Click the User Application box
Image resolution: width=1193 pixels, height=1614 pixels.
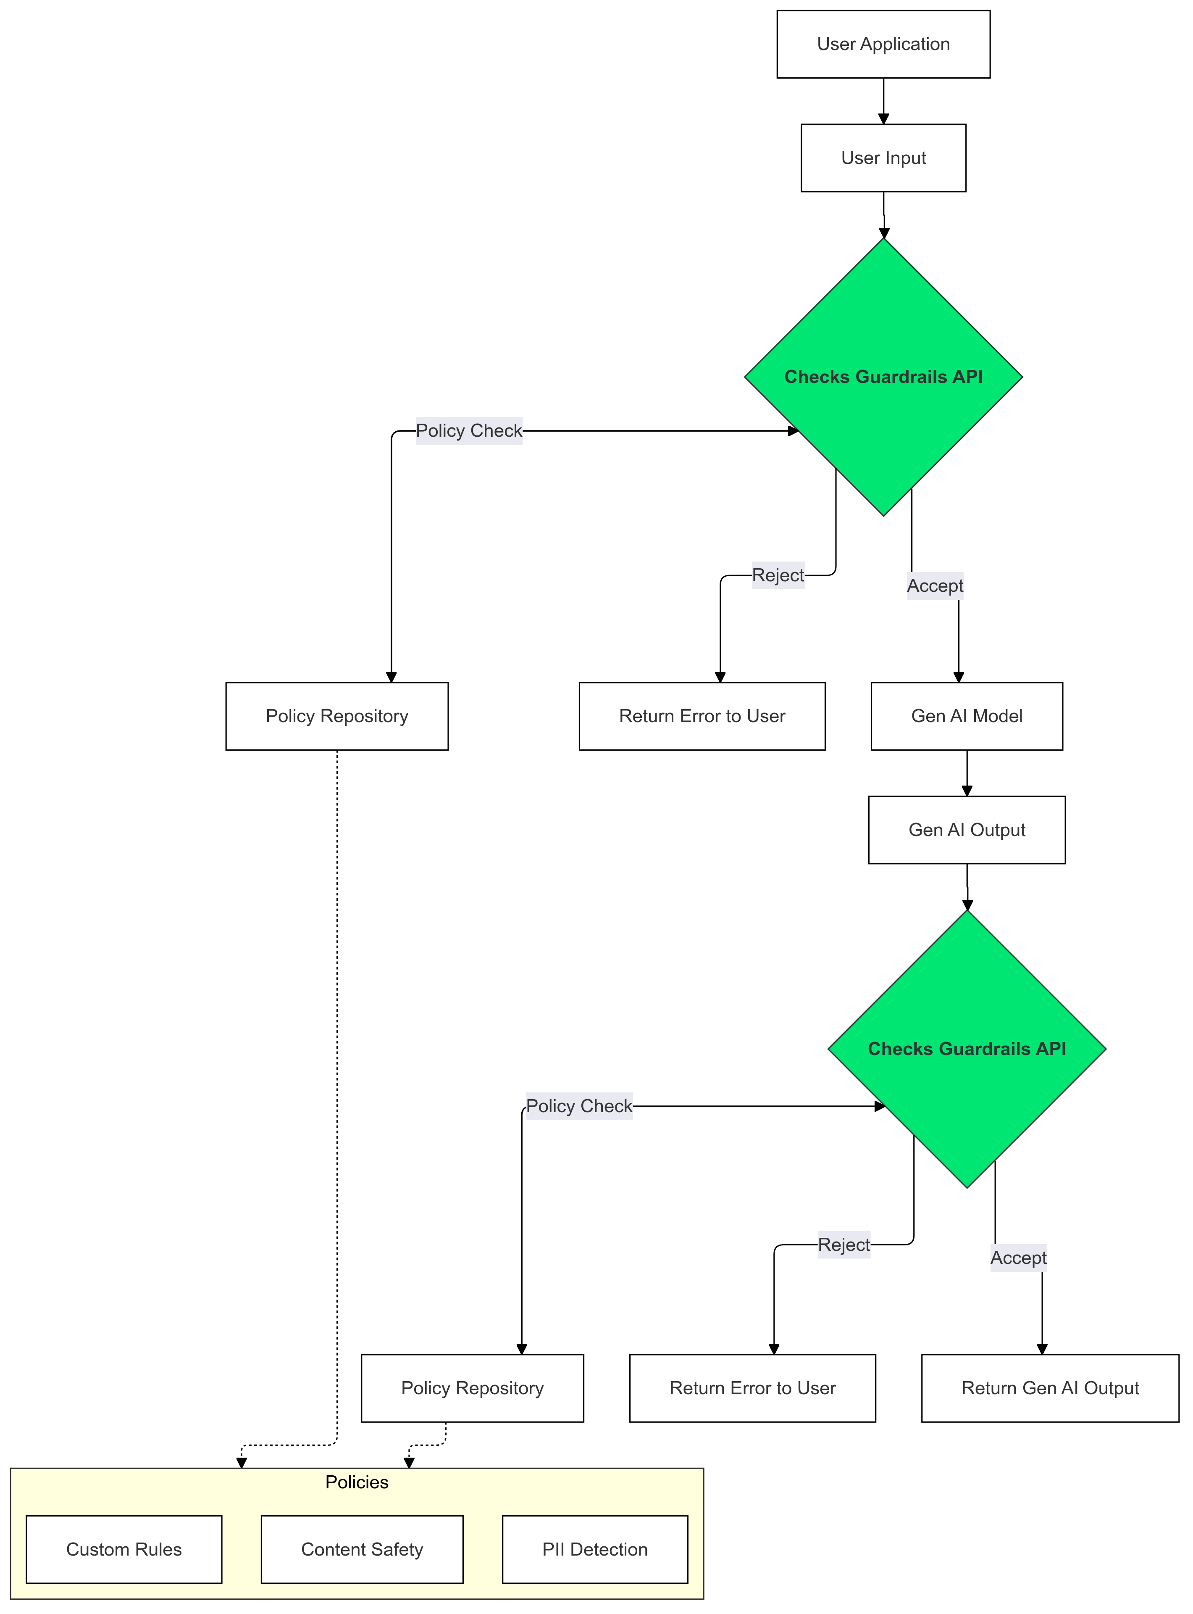tap(883, 44)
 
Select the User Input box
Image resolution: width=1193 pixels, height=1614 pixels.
tap(883, 158)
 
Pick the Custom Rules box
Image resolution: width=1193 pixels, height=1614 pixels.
tap(124, 1549)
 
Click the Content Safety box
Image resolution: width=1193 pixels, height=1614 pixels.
tap(361, 1549)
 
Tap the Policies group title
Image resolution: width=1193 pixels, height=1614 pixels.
tap(357, 1482)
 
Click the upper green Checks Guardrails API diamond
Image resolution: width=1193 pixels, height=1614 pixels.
tap(883, 377)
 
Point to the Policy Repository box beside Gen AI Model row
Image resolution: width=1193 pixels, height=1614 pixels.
tap(336, 715)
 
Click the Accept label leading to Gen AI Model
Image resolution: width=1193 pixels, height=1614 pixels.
tap(935, 585)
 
